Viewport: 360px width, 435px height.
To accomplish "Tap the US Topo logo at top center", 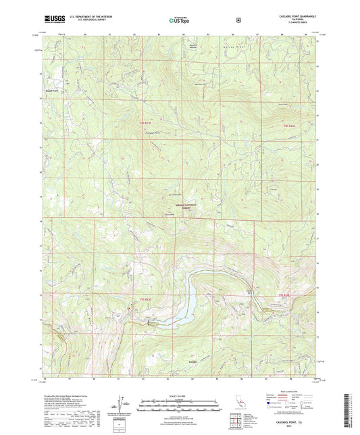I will pyautogui.click(x=178, y=20).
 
